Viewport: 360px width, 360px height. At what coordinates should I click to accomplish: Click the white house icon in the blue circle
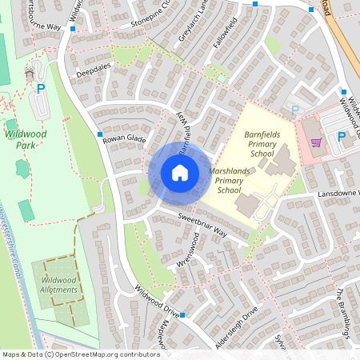(180, 172)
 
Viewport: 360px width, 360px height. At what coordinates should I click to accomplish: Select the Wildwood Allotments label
(60, 284)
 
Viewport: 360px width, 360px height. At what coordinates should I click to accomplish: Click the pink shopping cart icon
(317, 143)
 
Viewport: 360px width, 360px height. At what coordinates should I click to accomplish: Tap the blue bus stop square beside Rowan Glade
(100, 134)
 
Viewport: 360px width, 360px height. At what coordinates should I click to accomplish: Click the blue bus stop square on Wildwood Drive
(182, 315)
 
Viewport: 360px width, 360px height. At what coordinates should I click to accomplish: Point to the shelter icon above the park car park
(30, 73)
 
